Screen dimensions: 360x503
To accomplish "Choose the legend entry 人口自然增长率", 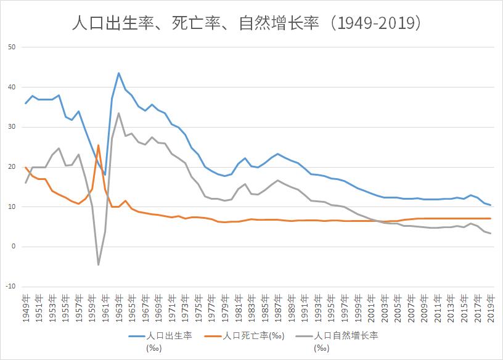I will (x=346, y=336).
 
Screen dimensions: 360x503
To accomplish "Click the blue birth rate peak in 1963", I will (x=118, y=73).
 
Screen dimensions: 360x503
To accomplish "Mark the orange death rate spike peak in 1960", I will (x=98, y=145).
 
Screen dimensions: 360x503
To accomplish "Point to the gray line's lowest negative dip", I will (x=98, y=265).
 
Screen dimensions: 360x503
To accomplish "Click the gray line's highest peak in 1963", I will (x=118, y=113).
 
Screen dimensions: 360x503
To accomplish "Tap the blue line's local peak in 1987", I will (x=278, y=153).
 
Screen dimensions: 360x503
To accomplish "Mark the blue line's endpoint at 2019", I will (x=491, y=205).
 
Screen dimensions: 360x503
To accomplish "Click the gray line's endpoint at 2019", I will (x=491, y=233).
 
